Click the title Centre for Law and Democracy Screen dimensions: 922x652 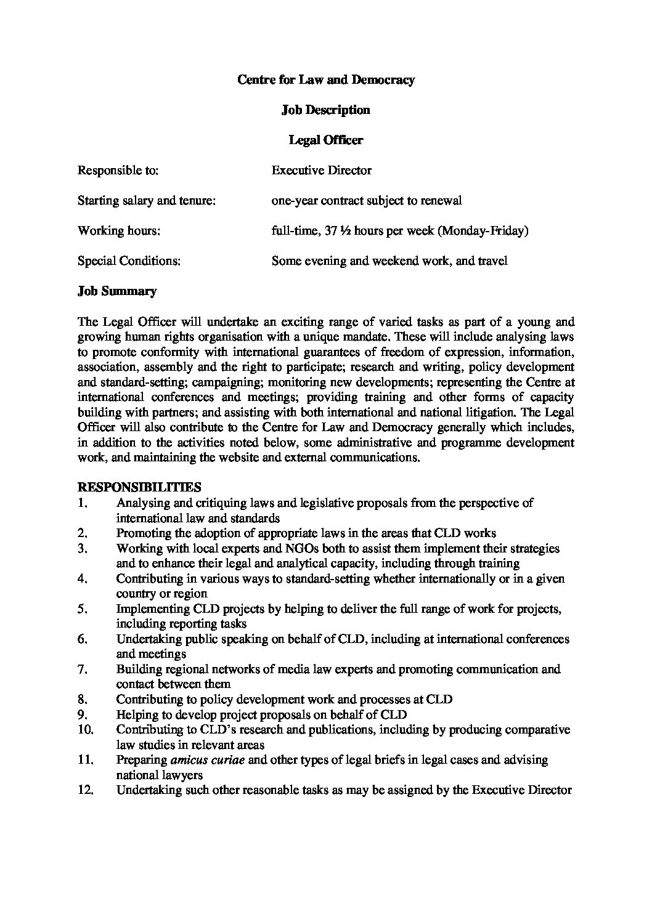[325, 79]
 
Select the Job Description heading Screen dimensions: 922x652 [325, 110]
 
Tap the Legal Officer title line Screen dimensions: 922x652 [325, 140]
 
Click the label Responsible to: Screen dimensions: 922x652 [118, 170]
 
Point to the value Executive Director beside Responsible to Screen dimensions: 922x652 [321, 170]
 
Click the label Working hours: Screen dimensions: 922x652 [118, 230]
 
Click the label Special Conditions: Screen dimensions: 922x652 [129, 261]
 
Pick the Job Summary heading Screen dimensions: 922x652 [116, 291]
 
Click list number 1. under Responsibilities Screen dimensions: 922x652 [83, 503]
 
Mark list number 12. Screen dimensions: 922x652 [85, 790]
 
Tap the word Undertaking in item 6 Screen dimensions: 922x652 [147, 639]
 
